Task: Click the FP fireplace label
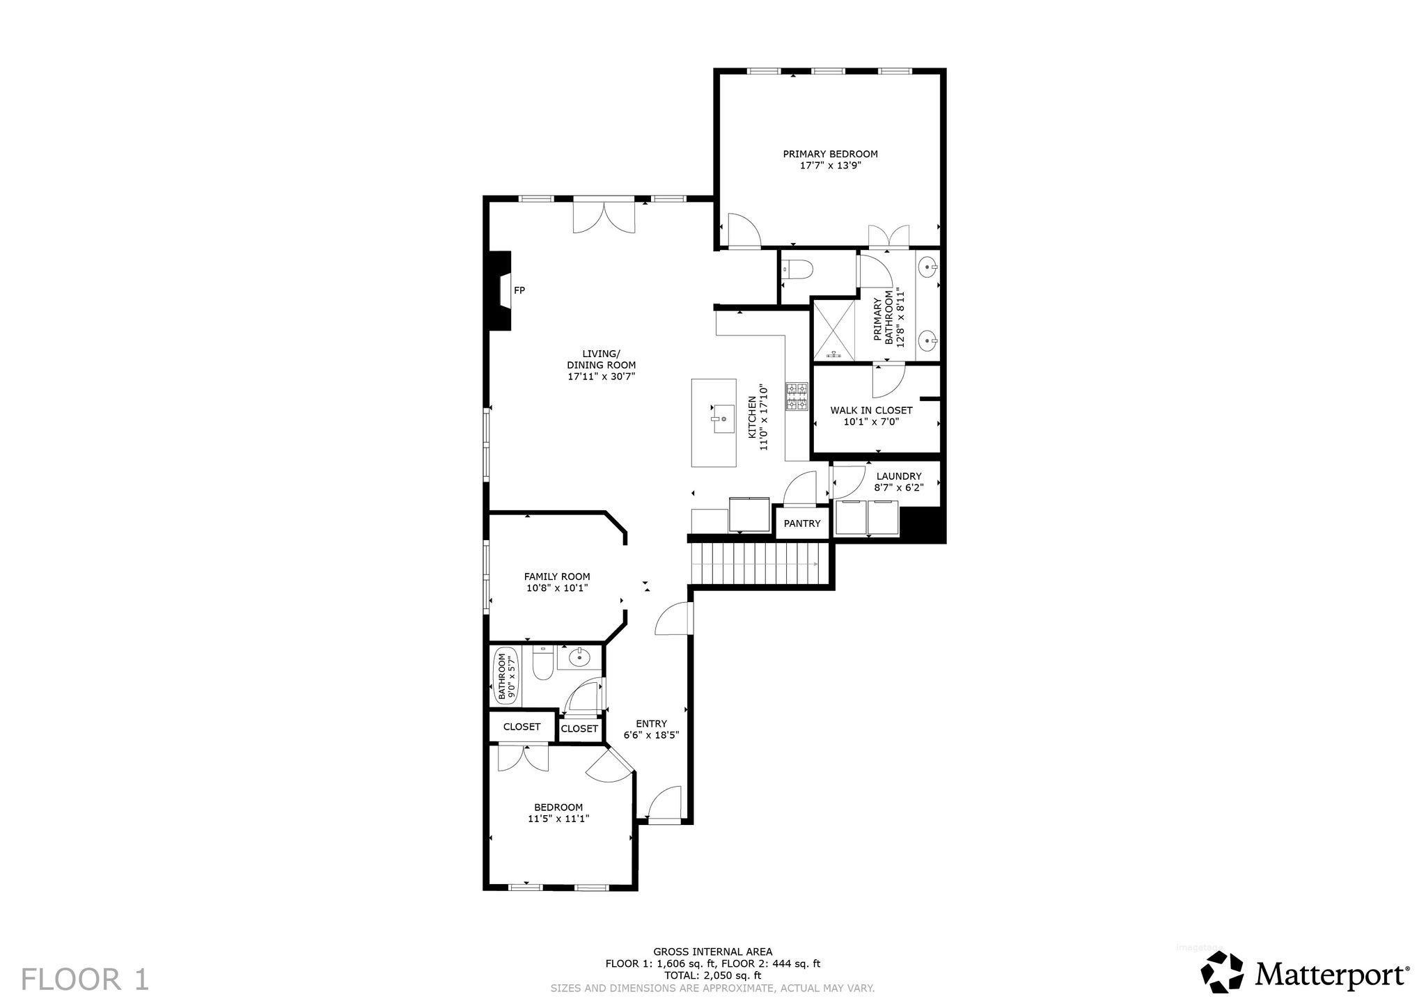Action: pyautogui.click(x=519, y=290)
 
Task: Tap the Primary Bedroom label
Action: pyautogui.click(x=830, y=154)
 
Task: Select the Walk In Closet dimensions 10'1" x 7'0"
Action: pyautogui.click(x=871, y=421)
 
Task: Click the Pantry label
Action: pyautogui.click(x=802, y=523)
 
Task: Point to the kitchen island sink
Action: pyautogui.click(x=723, y=418)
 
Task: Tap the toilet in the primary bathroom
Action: pyautogui.click(x=798, y=269)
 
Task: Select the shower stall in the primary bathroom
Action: pyautogui.click(x=833, y=329)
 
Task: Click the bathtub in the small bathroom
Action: pyautogui.click(x=504, y=677)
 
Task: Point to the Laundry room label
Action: pyautogui.click(x=899, y=476)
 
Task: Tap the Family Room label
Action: pyautogui.click(x=557, y=576)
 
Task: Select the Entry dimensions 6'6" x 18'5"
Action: pyautogui.click(x=651, y=734)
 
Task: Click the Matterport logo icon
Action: pyautogui.click(x=1223, y=971)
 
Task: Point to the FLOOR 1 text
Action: pyautogui.click(x=85, y=979)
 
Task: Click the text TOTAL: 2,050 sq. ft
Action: pyautogui.click(x=712, y=975)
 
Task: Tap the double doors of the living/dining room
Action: pyautogui.click(x=604, y=216)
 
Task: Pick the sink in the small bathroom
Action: pyautogui.click(x=579, y=657)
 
